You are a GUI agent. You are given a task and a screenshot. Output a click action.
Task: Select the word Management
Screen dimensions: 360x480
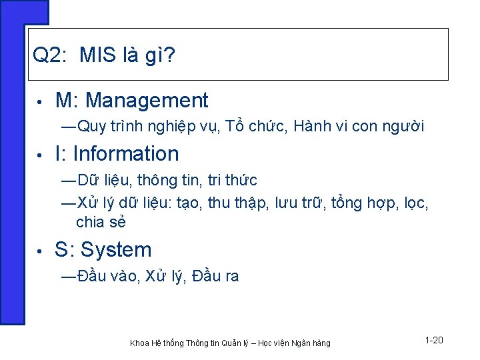tap(147, 101)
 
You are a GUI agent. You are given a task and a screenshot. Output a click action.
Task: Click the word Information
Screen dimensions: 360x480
tap(126, 154)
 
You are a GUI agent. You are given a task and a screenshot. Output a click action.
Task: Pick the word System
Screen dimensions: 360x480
tap(116, 250)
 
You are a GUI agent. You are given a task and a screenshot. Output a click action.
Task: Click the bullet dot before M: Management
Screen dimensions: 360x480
tap(40, 102)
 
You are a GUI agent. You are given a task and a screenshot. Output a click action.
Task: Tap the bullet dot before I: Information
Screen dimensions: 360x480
tap(40, 155)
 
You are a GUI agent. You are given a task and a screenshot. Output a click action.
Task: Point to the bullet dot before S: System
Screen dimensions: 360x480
tap(40, 251)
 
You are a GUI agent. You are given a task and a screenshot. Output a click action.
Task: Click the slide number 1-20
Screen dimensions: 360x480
tap(433, 341)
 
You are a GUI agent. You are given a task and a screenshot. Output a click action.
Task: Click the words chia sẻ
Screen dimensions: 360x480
tap(101, 222)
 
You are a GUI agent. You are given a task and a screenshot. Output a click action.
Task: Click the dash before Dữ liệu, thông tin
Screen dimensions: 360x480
tap(68, 181)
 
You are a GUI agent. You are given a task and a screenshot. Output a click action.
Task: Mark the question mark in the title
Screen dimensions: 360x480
tap(170, 55)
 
